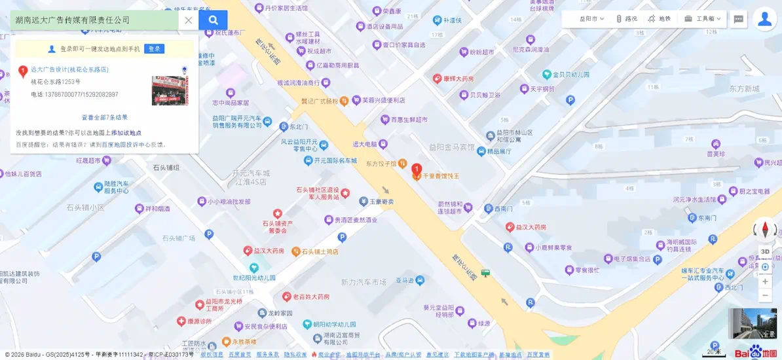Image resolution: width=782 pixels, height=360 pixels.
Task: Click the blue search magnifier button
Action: point(213,20)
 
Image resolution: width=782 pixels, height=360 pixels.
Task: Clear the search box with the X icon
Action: point(189,20)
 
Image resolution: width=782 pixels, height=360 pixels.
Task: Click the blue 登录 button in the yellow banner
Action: point(154,49)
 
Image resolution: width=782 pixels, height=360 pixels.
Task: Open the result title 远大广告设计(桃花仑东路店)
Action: point(69,69)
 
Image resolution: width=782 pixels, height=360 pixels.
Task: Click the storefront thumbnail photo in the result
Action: point(168,90)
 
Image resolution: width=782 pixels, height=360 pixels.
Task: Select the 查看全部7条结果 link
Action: point(104,118)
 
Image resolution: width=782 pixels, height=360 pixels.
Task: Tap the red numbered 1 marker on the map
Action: point(416,171)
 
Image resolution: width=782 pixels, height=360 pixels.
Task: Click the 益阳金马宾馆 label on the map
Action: point(451,147)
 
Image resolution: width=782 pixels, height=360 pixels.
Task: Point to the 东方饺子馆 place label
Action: point(381,163)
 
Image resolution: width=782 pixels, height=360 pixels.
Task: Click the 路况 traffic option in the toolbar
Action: point(626,19)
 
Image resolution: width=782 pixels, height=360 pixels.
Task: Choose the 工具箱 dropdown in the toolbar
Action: point(703,19)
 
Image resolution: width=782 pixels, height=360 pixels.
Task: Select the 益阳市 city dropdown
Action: point(591,19)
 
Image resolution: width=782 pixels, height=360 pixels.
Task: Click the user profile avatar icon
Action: point(764,19)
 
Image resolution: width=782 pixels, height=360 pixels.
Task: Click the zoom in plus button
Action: point(765,281)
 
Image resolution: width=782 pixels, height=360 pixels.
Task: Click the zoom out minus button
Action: point(765,296)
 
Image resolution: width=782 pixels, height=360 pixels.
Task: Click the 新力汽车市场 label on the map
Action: point(363,282)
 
